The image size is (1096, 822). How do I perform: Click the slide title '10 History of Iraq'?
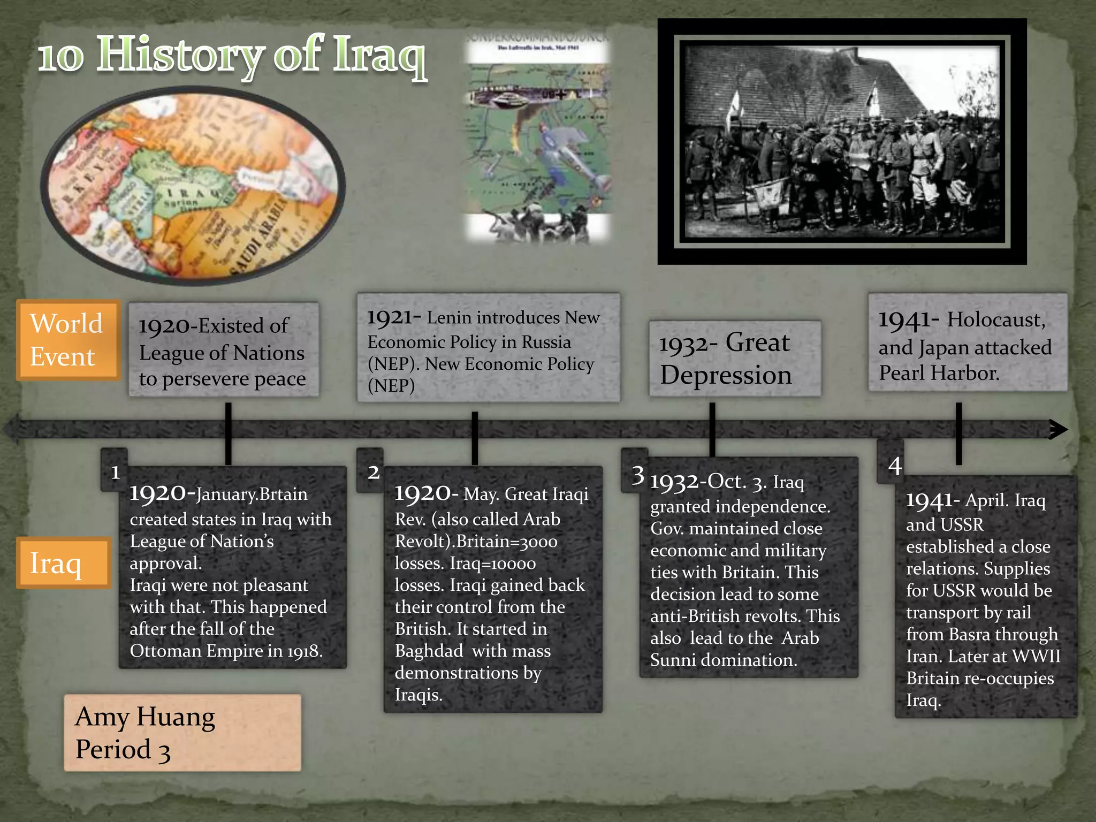tap(232, 57)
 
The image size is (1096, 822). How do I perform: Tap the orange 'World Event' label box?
tap(67, 340)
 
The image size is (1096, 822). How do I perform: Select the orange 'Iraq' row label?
tap(63, 563)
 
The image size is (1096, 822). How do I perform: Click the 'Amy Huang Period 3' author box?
tap(182, 733)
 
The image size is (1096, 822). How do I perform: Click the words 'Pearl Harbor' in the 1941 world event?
tap(939, 373)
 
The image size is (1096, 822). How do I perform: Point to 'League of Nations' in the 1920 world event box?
tap(222, 353)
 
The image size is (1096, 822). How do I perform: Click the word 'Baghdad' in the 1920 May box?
tap(429, 651)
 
